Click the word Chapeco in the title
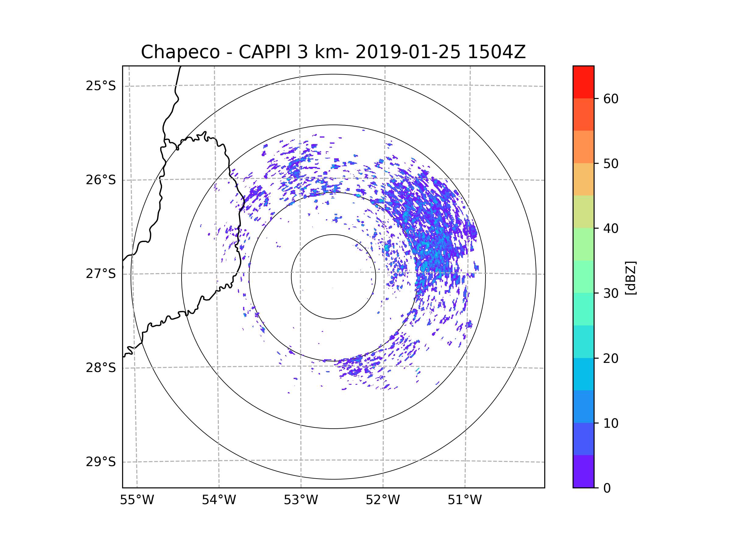180,52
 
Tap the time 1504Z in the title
496,52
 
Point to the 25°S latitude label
101,86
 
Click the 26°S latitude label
101,180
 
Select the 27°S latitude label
101,274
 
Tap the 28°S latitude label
101,368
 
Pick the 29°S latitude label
101,462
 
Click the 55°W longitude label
137,500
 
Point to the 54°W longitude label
219,500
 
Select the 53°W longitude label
301,500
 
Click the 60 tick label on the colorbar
611,99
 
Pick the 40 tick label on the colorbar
611,229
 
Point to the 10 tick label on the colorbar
611,423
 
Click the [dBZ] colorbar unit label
630,278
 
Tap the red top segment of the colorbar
583,82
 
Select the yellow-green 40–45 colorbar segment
583,212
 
